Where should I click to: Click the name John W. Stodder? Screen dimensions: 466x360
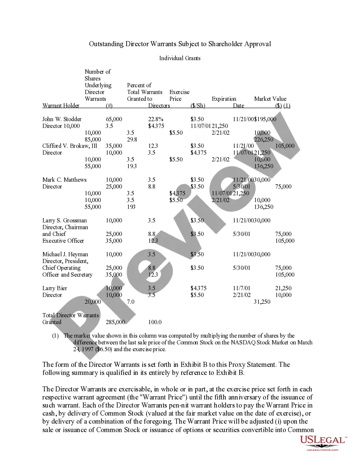pyautogui.click(x=62, y=119)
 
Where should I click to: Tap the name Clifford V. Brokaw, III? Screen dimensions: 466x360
pyautogui.click(x=70, y=146)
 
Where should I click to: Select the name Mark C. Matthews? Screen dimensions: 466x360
pyautogui.click(x=64, y=180)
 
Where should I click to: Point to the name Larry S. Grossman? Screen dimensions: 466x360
pyautogui.click(x=64, y=221)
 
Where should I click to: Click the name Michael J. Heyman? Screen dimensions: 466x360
pyautogui.click(x=65, y=255)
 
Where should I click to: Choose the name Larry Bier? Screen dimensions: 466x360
pyautogui.click(x=55, y=288)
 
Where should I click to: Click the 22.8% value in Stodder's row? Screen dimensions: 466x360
pyautogui.click(x=156, y=119)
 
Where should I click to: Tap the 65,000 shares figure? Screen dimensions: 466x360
pyautogui.click(x=114, y=119)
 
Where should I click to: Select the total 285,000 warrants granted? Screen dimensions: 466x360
pyautogui.click(x=115, y=322)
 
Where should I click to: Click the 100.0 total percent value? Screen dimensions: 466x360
pyautogui.click(x=155, y=322)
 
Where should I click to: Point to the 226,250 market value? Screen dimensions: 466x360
pyautogui.click(x=263, y=139)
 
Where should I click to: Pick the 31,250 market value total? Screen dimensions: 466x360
pyautogui.click(x=262, y=302)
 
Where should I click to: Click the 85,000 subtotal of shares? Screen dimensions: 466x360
pyautogui.click(x=93, y=139)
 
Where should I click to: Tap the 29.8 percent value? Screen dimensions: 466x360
pyautogui.click(x=132, y=139)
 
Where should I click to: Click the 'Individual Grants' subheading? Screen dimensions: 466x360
pyautogui.click(x=180, y=58)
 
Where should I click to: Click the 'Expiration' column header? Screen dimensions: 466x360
pyautogui.click(x=224, y=99)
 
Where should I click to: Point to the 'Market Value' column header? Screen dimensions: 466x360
pyautogui.click(x=270, y=99)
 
